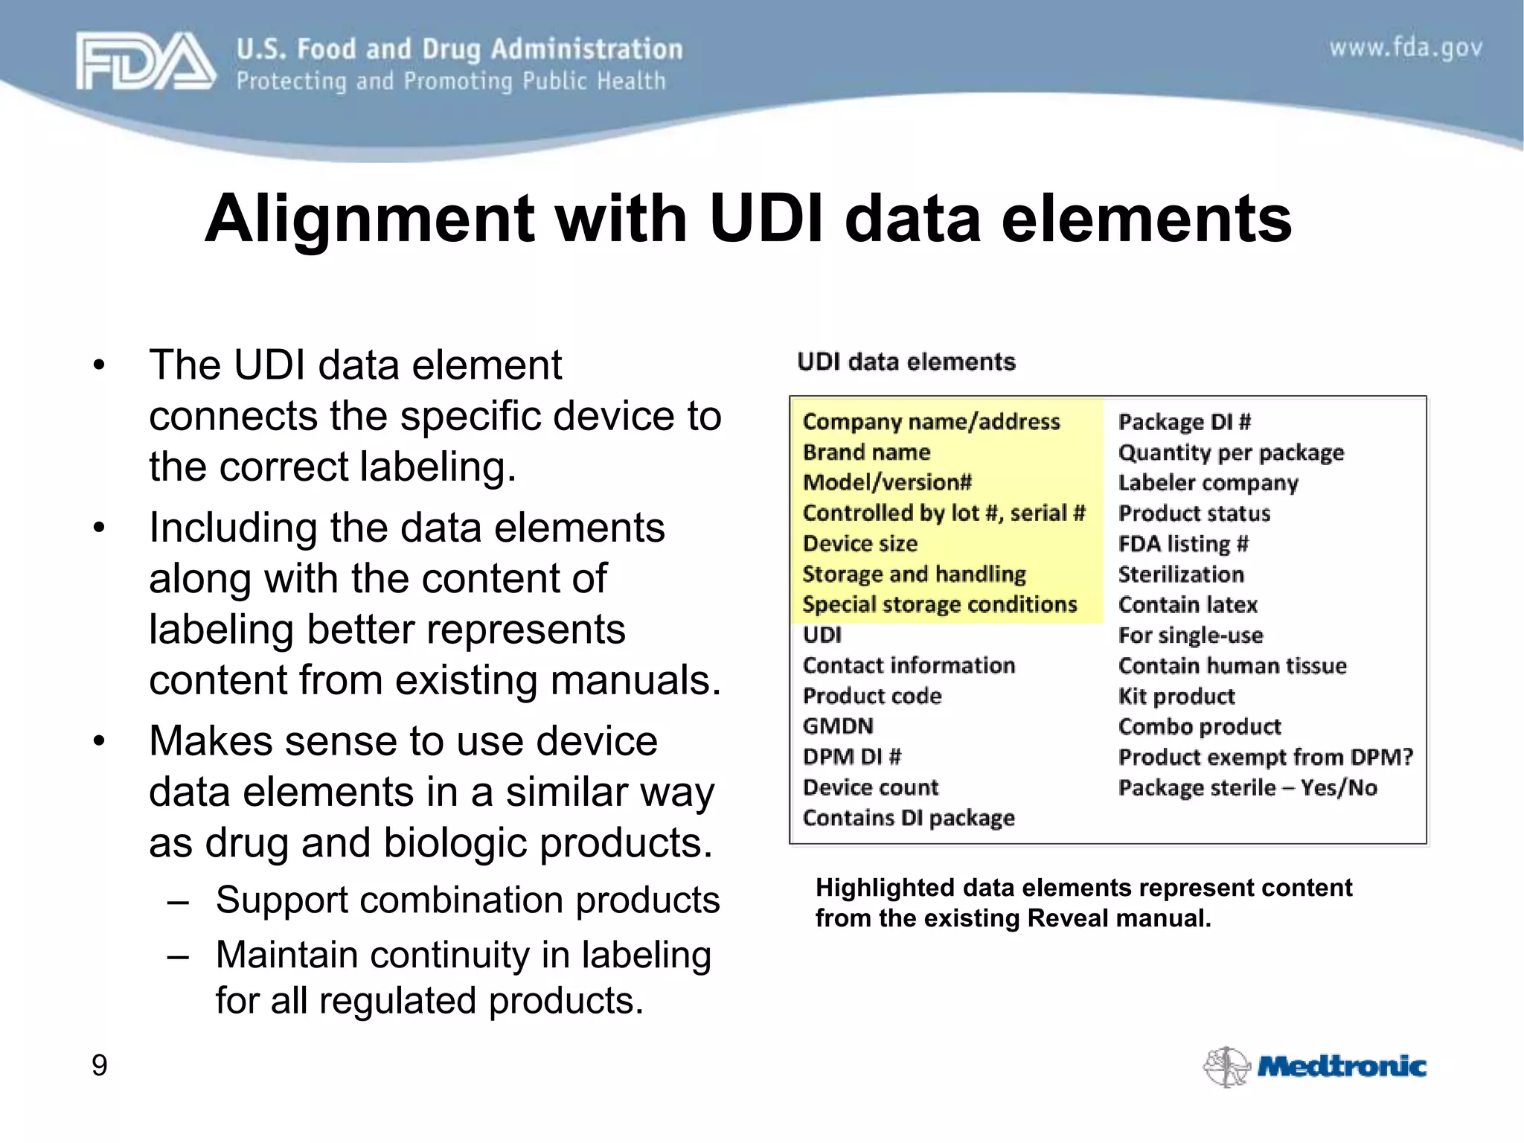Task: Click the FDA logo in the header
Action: tap(145, 62)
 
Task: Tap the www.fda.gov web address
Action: tap(1406, 48)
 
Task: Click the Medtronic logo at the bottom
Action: tap(1315, 1066)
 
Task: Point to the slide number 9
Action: tap(99, 1065)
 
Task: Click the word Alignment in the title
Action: tap(370, 219)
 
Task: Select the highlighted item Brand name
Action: tap(866, 452)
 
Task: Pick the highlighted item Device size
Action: tap(860, 544)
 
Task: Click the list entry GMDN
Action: tap(838, 726)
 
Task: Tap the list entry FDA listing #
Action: tap(1183, 544)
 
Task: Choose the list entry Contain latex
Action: tap(1188, 605)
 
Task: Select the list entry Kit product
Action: tap(1176, 697)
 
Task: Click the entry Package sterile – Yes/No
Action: tap(1247, 788)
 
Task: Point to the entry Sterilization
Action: tap(1181, 574)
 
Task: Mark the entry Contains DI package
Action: tap(909, 819)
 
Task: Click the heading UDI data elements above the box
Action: tap(906, 362)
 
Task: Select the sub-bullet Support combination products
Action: tap(467, 900)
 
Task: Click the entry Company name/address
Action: tap(931, 422)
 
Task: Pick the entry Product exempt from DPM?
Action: tap(1265, 758)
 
